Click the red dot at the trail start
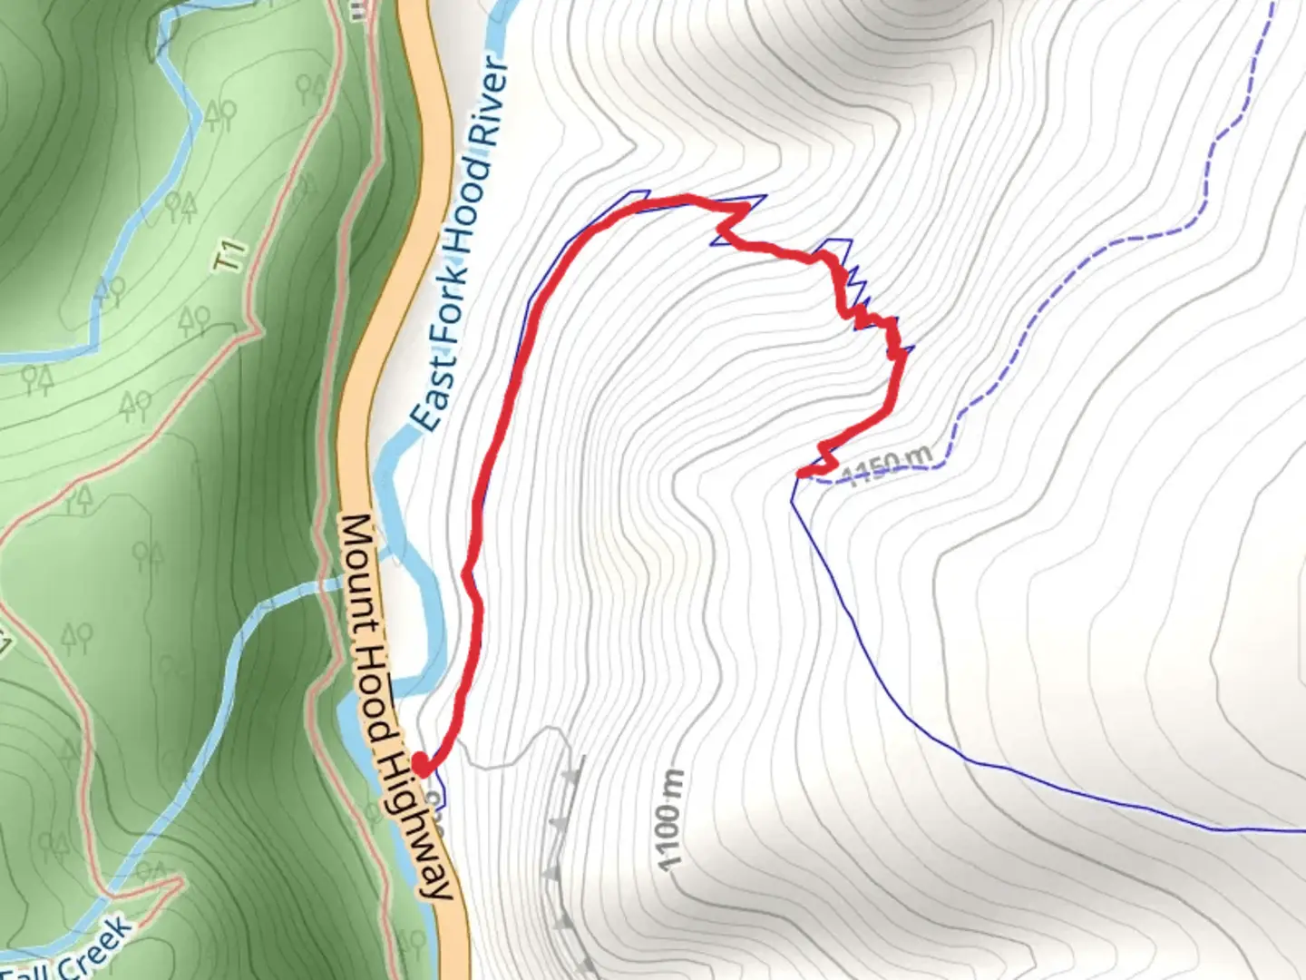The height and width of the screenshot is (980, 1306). (x=421, y=763)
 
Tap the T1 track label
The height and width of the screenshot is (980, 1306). (x=230, y=255)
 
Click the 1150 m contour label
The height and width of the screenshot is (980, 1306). (x=886, y=466)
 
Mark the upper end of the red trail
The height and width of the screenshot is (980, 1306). (x=801, y=473)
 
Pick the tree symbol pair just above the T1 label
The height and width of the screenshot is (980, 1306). (x=180, y=207)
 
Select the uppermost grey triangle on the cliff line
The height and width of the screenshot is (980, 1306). (x=571, y=777)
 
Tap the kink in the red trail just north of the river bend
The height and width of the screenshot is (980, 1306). (x=468, y=575)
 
